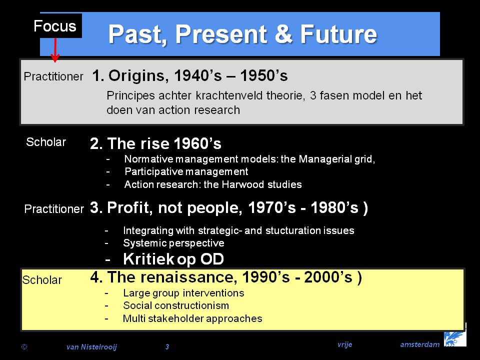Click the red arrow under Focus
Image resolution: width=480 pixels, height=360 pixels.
click(55, 50)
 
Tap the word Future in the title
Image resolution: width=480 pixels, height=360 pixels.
click(338, 34)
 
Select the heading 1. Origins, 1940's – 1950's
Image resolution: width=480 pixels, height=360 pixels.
click(190, 75)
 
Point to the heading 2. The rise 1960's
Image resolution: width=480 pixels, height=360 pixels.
click(155, 143)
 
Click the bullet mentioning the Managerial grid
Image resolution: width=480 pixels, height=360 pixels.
click(249, 159)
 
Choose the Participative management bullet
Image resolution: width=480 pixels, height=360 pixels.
click(186, 171)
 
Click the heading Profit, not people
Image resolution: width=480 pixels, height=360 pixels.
click(228, 208)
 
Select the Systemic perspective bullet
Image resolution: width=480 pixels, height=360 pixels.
click(173, 243)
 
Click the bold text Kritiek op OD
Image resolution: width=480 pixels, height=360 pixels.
click(173, 259)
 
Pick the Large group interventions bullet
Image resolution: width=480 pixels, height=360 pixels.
click(183, 293)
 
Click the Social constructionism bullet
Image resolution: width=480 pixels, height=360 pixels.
click(176, 305)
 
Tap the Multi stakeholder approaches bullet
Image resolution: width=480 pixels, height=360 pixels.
click(192, 318)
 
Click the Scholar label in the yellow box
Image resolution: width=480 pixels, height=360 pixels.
click(42, 280)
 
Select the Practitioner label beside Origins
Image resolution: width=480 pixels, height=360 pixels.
click(53, 76)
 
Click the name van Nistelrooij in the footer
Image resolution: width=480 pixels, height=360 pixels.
click(91, 347)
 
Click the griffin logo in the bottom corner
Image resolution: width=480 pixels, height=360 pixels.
click(455, 338)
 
